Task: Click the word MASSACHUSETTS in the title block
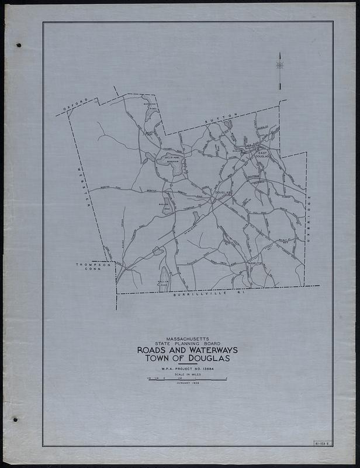coord(182,338)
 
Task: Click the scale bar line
coord(187,380)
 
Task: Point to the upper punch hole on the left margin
coord(19,45)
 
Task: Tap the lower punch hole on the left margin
coord(16,419)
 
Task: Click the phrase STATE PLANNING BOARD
coord(182,343)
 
